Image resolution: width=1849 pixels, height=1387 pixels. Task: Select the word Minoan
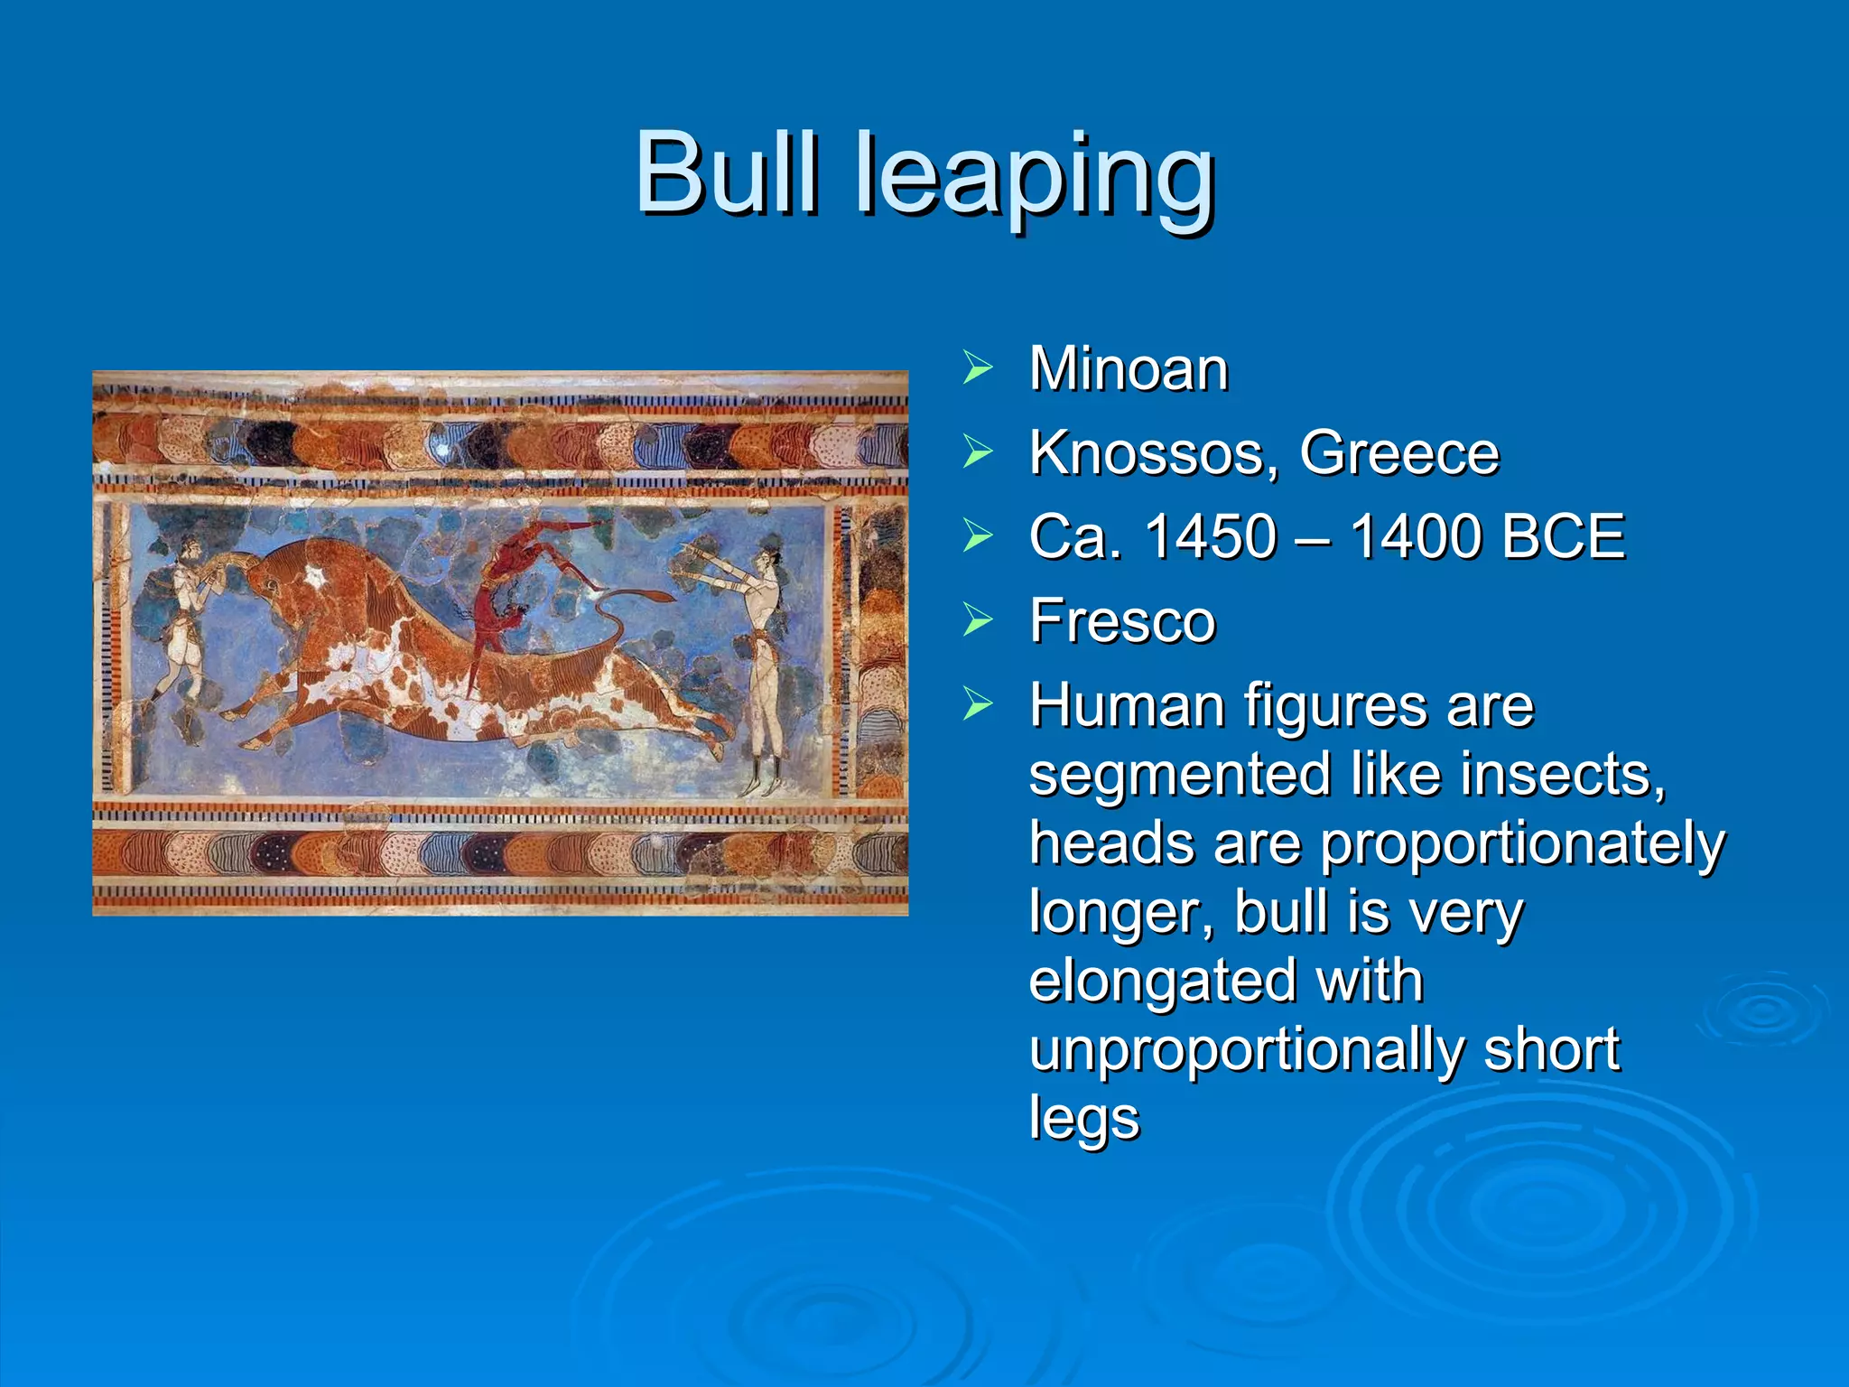pyautogui.click(x=1129, y=369)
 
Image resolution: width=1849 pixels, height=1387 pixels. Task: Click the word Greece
pyautogui.click(x=1398, y=453)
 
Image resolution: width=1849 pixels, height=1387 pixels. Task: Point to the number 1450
pyautogui.click(x=1211, y=536)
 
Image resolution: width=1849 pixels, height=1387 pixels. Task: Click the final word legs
pyautogui.click(x=1083, y=1120)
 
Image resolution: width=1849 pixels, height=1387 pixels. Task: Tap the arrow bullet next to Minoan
pyautogui.click(x=977, y=368)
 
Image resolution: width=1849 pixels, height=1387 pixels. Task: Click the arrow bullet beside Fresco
pyautogui.click(x=977, y=619)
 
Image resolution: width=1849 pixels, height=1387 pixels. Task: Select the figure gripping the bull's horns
pyautogui.click(x=186, y=614)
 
